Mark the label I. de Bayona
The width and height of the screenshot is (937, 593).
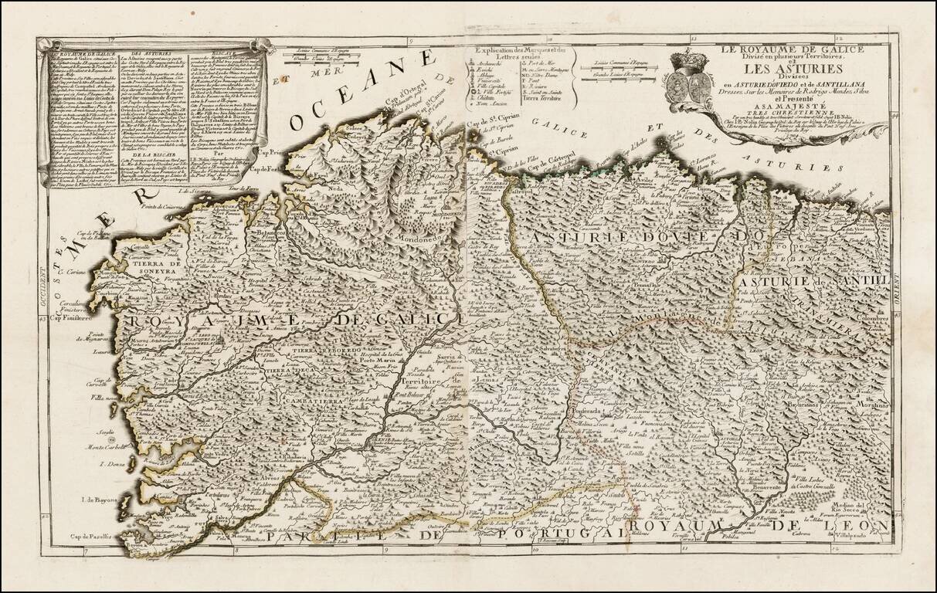coord(99,500)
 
